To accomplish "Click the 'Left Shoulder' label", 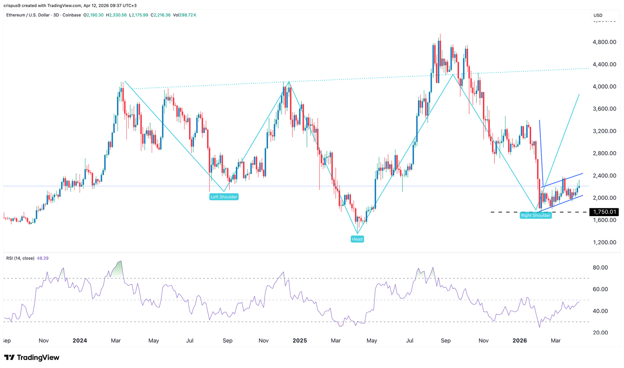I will pyautogui.click(x=224, y=197).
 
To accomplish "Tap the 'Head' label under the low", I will pyautogui.click(x=357, y=239).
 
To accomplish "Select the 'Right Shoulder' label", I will pyautogui.click(x=535, y=215).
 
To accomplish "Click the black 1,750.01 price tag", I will pyautogui.click(x=604, y=212).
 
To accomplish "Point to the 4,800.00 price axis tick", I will pyautogui.click(x=604, y=42).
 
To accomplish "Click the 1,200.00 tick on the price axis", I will pyautogui.click(x=604, y=242).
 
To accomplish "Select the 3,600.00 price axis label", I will pyautogui.click(x=604, y=109).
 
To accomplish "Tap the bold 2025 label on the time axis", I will pyautogui.click(x=300, y=341).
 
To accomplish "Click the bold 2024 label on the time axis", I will pyautogui.click(x=80, y=341).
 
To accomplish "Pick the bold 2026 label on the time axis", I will pyautogui.click(x=519, y=341).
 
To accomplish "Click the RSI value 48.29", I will pyautogui.click(x=43, y=258).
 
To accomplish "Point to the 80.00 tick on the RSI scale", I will pyautogui.click(x=601, y=268).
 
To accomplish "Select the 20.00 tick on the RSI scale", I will pyautogui.click(x=601, y=333).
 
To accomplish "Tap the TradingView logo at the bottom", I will pyautogui.click(x=32, y=357).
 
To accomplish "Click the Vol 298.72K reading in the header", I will pyautogui.click(x=184, y=15).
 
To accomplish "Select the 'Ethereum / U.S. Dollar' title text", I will pyautogui.click(x=28, y=15).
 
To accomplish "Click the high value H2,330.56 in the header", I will pyautogui.click(x=117, y=15).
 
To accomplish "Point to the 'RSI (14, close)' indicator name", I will pyautogui.click(x=20, y=258).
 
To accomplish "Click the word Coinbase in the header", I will pyautogui.click(x=72, y=15).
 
